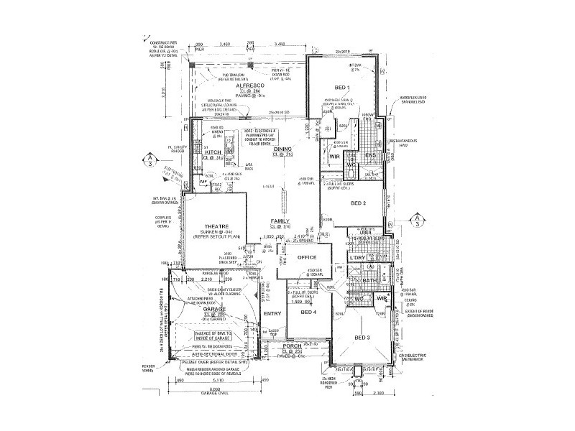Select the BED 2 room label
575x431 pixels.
point(359,203)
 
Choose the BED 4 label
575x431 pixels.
point(308,313)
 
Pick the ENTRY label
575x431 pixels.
point(272,313)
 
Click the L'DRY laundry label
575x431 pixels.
point(358,256)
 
